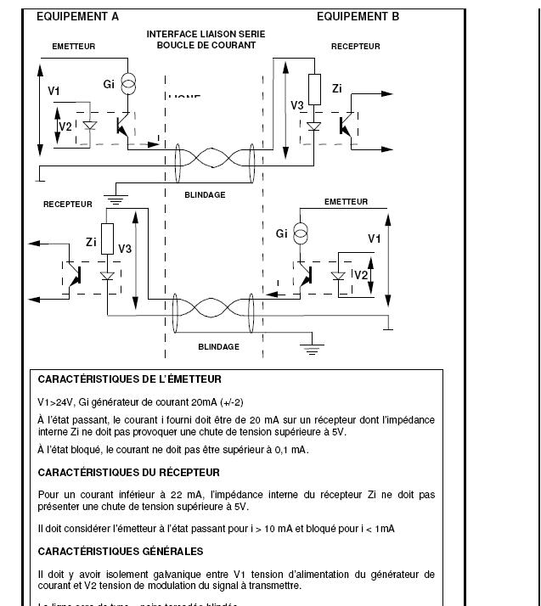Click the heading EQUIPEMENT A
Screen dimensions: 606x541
[x=77, y=17]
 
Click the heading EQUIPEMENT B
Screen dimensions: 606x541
[x=358, y=17]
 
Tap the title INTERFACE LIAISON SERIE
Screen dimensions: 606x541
[x=206, y=35]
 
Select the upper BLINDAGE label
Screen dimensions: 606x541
[x=205, y=194]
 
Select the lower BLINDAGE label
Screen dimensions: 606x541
[x=218, y=346]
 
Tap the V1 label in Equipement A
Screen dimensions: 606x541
[x=54, y=91]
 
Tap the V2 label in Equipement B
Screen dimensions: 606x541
[x=361, y=275]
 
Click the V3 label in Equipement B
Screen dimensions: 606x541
[x=297, y=105]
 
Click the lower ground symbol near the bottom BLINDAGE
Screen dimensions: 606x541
[x=312, y=347]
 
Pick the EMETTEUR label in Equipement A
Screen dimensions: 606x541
[x=74, y=47]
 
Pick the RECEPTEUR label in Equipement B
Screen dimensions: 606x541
[x=355, y=47]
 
